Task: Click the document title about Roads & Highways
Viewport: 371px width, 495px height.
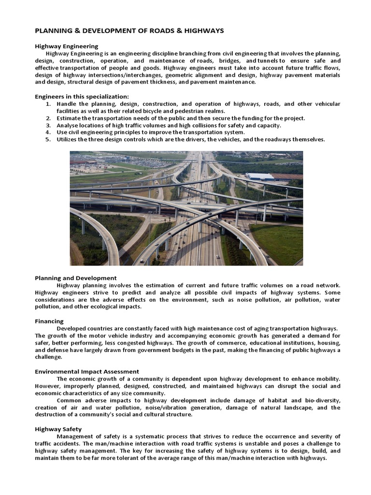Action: (129, 30)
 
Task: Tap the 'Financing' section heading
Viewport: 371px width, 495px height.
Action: (49, 321)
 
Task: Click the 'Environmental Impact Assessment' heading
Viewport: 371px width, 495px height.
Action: (87, 371)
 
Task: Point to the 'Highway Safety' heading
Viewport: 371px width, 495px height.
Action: (58, 429)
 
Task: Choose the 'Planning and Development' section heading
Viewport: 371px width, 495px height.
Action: (75, 278)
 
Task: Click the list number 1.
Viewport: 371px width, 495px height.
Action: (48, 104)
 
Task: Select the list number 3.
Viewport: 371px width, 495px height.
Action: (48, 125)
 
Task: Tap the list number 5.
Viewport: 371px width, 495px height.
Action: (48, 139)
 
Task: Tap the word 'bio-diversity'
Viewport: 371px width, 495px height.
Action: (322, 400)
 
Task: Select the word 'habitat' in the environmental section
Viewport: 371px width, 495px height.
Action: (271, 400)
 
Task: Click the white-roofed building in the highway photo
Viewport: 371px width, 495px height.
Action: (259, 176)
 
